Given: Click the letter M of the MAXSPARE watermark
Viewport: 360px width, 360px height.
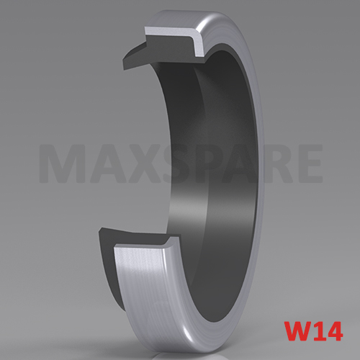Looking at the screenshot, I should tap(62, 164).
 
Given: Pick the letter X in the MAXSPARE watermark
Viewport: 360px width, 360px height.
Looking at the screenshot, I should tap(136, 164).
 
